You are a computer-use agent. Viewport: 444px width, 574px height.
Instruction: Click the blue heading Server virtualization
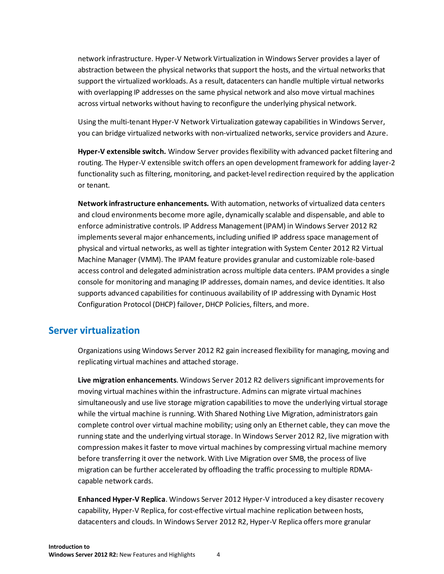[x=94, y=330]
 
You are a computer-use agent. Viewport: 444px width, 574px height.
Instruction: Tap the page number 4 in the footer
[x=218, y=555]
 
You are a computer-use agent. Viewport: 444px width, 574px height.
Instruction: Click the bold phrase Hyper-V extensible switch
[x=122, y=151]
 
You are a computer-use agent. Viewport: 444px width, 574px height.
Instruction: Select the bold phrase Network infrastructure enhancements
[x=143, y=203]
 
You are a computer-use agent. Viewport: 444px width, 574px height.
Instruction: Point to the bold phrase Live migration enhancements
[x=127, y=380]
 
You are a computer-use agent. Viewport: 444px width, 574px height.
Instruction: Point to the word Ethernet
[x=292, y=425]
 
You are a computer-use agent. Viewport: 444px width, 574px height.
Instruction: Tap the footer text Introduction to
[x=69, y=547]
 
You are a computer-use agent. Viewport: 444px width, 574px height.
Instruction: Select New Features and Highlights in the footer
[x=157, y=555]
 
